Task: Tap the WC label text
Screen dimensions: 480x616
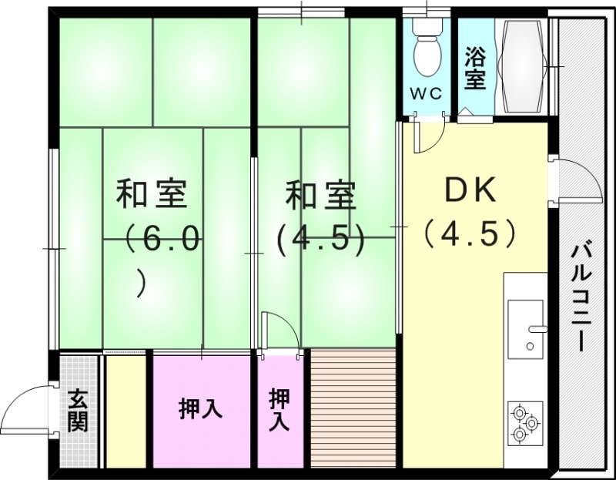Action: [425, 94]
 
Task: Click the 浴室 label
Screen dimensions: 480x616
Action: [475, 69]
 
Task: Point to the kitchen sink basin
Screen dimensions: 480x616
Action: [525, 320]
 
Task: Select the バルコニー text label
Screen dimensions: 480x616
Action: [581, 297]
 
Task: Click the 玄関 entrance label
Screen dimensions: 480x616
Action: [78, 410]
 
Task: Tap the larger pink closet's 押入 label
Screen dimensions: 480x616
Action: [201, 409]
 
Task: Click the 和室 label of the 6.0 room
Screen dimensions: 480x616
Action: [152, 193]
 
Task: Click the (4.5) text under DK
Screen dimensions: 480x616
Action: [469, 233]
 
